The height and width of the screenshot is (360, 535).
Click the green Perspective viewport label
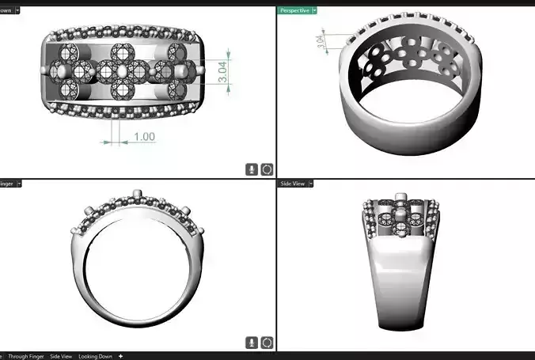[x=294, y=10]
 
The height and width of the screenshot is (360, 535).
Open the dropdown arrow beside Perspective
[x=314, y=10]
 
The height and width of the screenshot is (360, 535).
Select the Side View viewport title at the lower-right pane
[x=292, y=184]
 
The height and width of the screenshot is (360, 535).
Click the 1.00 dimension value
[x=143, y=137]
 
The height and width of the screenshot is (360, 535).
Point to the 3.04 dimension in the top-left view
[x=223, y=73]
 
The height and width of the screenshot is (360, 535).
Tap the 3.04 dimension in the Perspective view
[x=320, y=42]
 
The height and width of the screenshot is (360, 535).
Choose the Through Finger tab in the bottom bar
[x=28, y=356]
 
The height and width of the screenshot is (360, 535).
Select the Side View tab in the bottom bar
[x=61, y=356]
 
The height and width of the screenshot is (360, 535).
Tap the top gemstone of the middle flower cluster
[x=121, y=53]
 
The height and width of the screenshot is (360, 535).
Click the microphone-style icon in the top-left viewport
[x=251, y=169]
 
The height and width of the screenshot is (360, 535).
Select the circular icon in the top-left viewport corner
[x=267, y=169]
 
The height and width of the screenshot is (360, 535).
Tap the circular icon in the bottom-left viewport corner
[x=267, y=343]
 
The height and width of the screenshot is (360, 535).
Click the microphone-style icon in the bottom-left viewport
[x=251, y=343]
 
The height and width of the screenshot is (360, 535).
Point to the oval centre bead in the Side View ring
[x=402, y=213]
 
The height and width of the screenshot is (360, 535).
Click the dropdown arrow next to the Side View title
[x=312, y=184]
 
